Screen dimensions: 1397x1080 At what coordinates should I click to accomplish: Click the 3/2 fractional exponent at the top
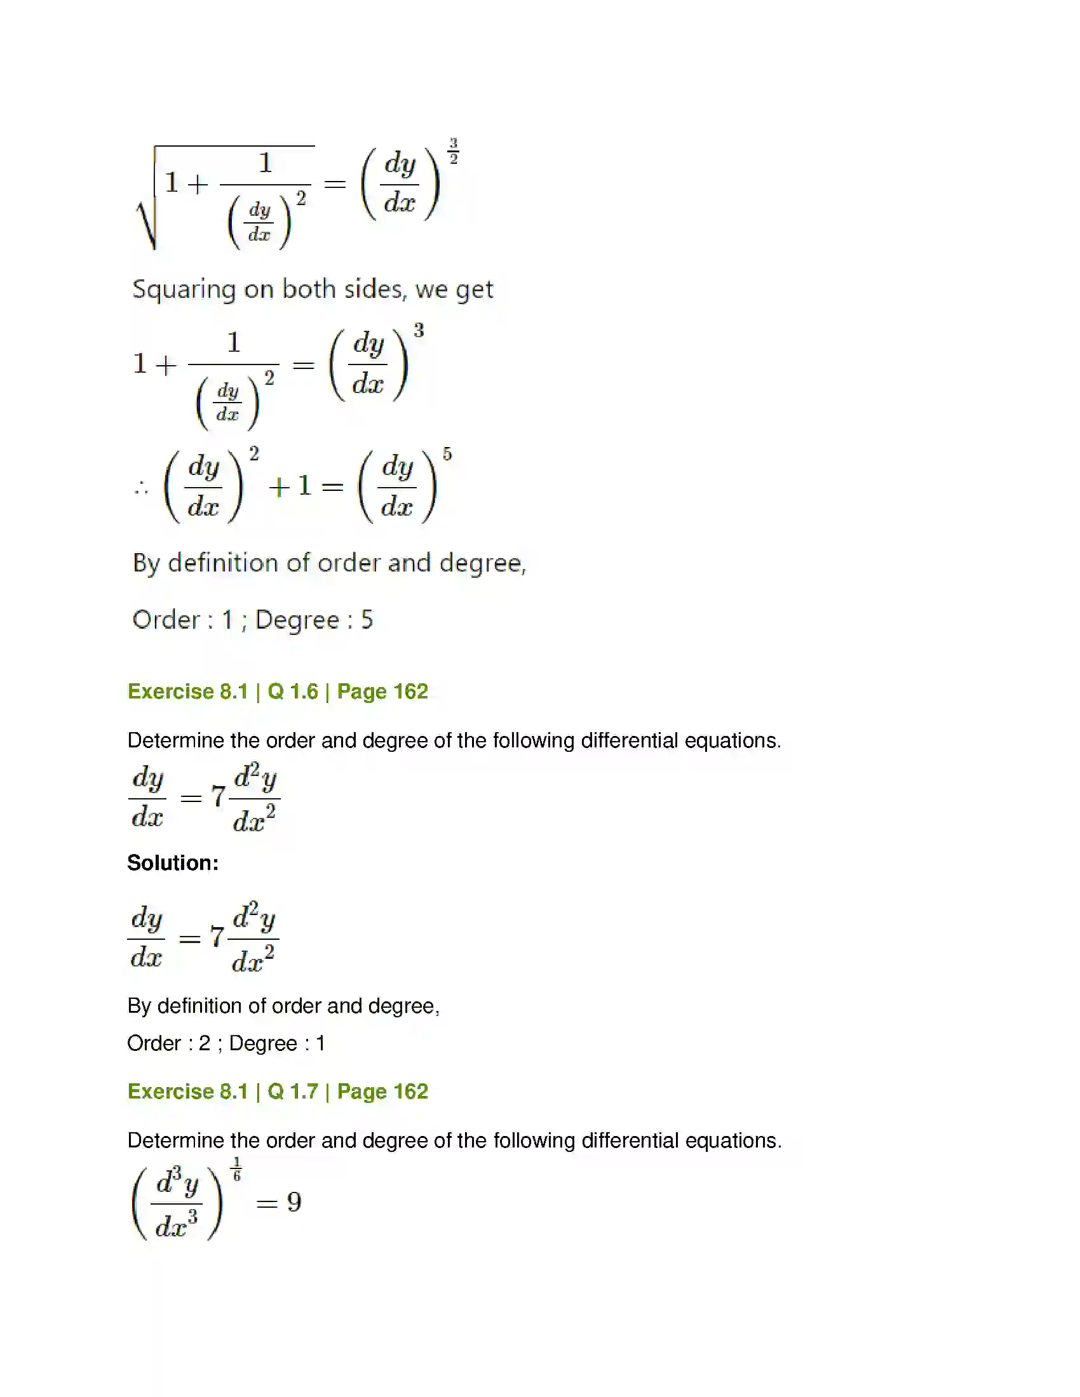click(x=453, y=151)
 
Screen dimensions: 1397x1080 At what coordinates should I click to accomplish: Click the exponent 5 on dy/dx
click(x=447, y=454)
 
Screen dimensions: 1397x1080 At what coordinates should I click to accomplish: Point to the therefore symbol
click(x=142, y=489)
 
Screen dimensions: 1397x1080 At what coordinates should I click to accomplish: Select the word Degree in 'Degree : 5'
click(x=297, y=620)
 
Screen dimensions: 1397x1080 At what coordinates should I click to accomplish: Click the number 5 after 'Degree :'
click(x=367, y=620)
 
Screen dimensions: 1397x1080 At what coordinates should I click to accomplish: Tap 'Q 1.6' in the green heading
click(x=292, y=692)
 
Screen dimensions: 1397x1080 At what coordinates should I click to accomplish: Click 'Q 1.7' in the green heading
click(x=292, y=1091)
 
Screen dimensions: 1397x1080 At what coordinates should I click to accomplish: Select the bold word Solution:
click(x=173, y=863)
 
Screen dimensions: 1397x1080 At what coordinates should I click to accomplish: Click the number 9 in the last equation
click(x=294, y=1202)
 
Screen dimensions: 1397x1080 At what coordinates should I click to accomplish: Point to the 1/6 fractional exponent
click(x=237, y=1168)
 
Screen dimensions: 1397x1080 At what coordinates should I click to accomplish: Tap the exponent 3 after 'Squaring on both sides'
click(x=419, y=331)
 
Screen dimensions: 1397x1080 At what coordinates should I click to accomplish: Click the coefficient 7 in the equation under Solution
click(x=217, y=937)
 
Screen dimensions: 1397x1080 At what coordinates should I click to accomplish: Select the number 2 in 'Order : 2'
click(x=204, y=1043)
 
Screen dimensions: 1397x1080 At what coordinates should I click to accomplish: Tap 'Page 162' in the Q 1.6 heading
click(x=382, y=692)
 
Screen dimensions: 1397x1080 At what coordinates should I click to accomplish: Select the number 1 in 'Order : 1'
click(x=227, y=620)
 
